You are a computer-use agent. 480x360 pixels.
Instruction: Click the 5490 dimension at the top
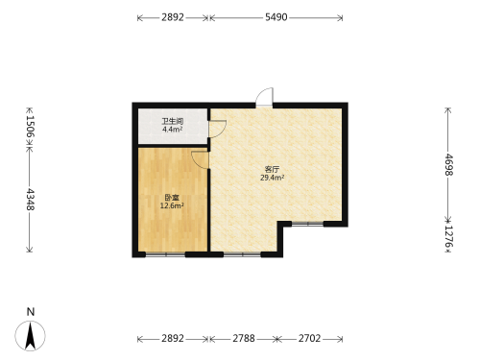pos(276,17)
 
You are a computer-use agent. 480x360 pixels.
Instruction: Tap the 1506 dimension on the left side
pos(30,126)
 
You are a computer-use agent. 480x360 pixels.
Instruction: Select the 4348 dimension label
pos(30,200)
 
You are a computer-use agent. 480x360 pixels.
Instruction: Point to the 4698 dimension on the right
pos(448,165)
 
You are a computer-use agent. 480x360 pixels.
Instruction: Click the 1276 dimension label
pos(448,236)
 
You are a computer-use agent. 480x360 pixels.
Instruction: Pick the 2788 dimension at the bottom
pos(244,338)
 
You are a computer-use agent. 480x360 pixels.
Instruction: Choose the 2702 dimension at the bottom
pos(309,338)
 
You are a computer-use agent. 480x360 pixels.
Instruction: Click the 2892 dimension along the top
pos(173,17)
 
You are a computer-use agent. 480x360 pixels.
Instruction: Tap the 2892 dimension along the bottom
pos(173,338)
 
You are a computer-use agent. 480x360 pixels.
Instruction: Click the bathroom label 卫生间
pos(173,121)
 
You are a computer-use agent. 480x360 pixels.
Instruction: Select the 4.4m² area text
pos(172,130)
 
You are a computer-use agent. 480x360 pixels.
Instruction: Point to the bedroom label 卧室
pos(172,198)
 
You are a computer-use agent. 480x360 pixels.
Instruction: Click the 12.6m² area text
pos(172,205)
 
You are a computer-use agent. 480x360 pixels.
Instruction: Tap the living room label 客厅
pos(272,169)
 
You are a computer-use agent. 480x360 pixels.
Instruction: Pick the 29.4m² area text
pos(273,178)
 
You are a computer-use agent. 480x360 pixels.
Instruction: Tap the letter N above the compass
pos(31,312)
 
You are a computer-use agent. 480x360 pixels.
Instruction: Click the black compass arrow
pos(31,336)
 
